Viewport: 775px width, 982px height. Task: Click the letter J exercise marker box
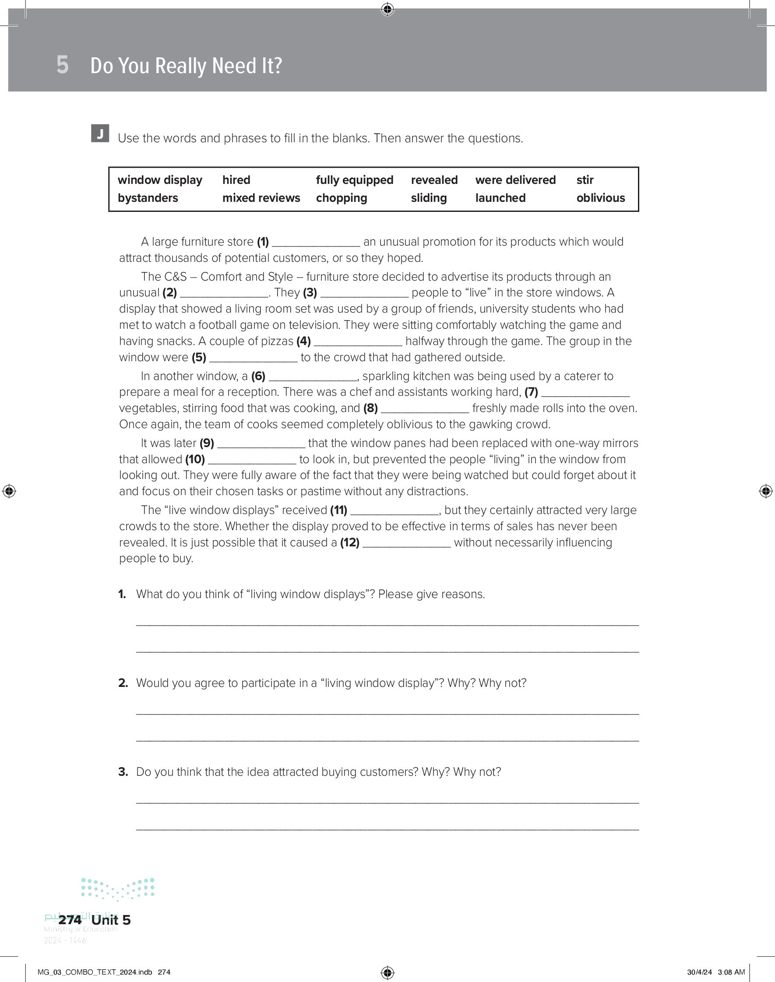(100, 134)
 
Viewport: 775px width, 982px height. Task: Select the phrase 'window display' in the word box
(160, 180)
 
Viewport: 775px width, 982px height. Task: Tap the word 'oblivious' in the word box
(600, 198)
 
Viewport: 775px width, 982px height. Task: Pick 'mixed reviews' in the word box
(261, 198)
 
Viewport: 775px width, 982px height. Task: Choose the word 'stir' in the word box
(585, 180)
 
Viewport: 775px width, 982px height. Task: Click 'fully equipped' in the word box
(354, 180)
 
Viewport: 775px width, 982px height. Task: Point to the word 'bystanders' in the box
(148, 198)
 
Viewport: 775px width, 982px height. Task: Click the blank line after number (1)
(316, 243)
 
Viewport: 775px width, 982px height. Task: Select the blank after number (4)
(358, 342)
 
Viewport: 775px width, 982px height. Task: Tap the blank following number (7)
(585, 393)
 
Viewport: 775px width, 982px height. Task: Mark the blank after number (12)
(407, 544)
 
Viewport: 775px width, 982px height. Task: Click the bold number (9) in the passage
(207, 443)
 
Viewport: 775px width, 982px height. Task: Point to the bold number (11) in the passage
(338, 510)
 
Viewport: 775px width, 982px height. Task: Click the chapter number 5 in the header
(63, 65)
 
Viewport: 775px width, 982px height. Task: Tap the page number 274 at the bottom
(70, 920)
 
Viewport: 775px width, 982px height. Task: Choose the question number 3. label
(123, 772)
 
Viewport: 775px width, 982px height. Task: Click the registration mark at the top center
(387, 9)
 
